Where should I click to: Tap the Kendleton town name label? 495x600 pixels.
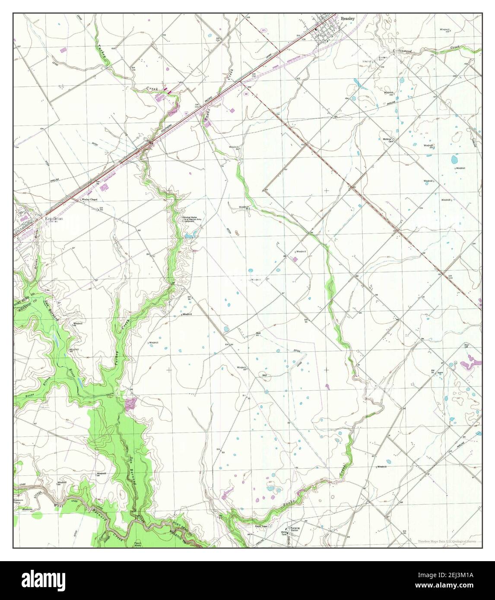click(54, 219)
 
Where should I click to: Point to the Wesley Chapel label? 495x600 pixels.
click(90, 200)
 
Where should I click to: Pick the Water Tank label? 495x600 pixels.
click(284, 533)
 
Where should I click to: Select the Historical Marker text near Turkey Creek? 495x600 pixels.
click(191, 219)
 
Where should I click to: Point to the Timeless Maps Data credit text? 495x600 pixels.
click(449, 542)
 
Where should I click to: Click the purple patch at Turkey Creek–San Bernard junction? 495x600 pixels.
click(130, 404)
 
